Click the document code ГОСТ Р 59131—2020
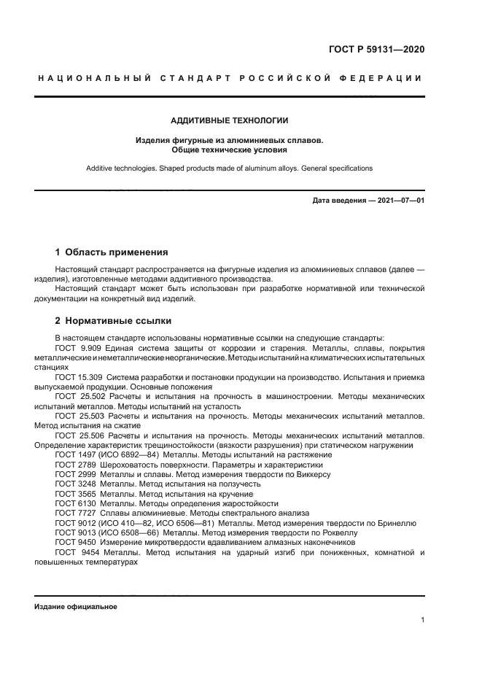(x=377, y=50)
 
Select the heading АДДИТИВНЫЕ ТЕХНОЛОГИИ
(x=230, y=120)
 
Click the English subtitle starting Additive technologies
(x=230, y=168)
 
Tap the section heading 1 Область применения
(x=112, y=252)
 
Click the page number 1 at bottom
(x=422, y=620)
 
